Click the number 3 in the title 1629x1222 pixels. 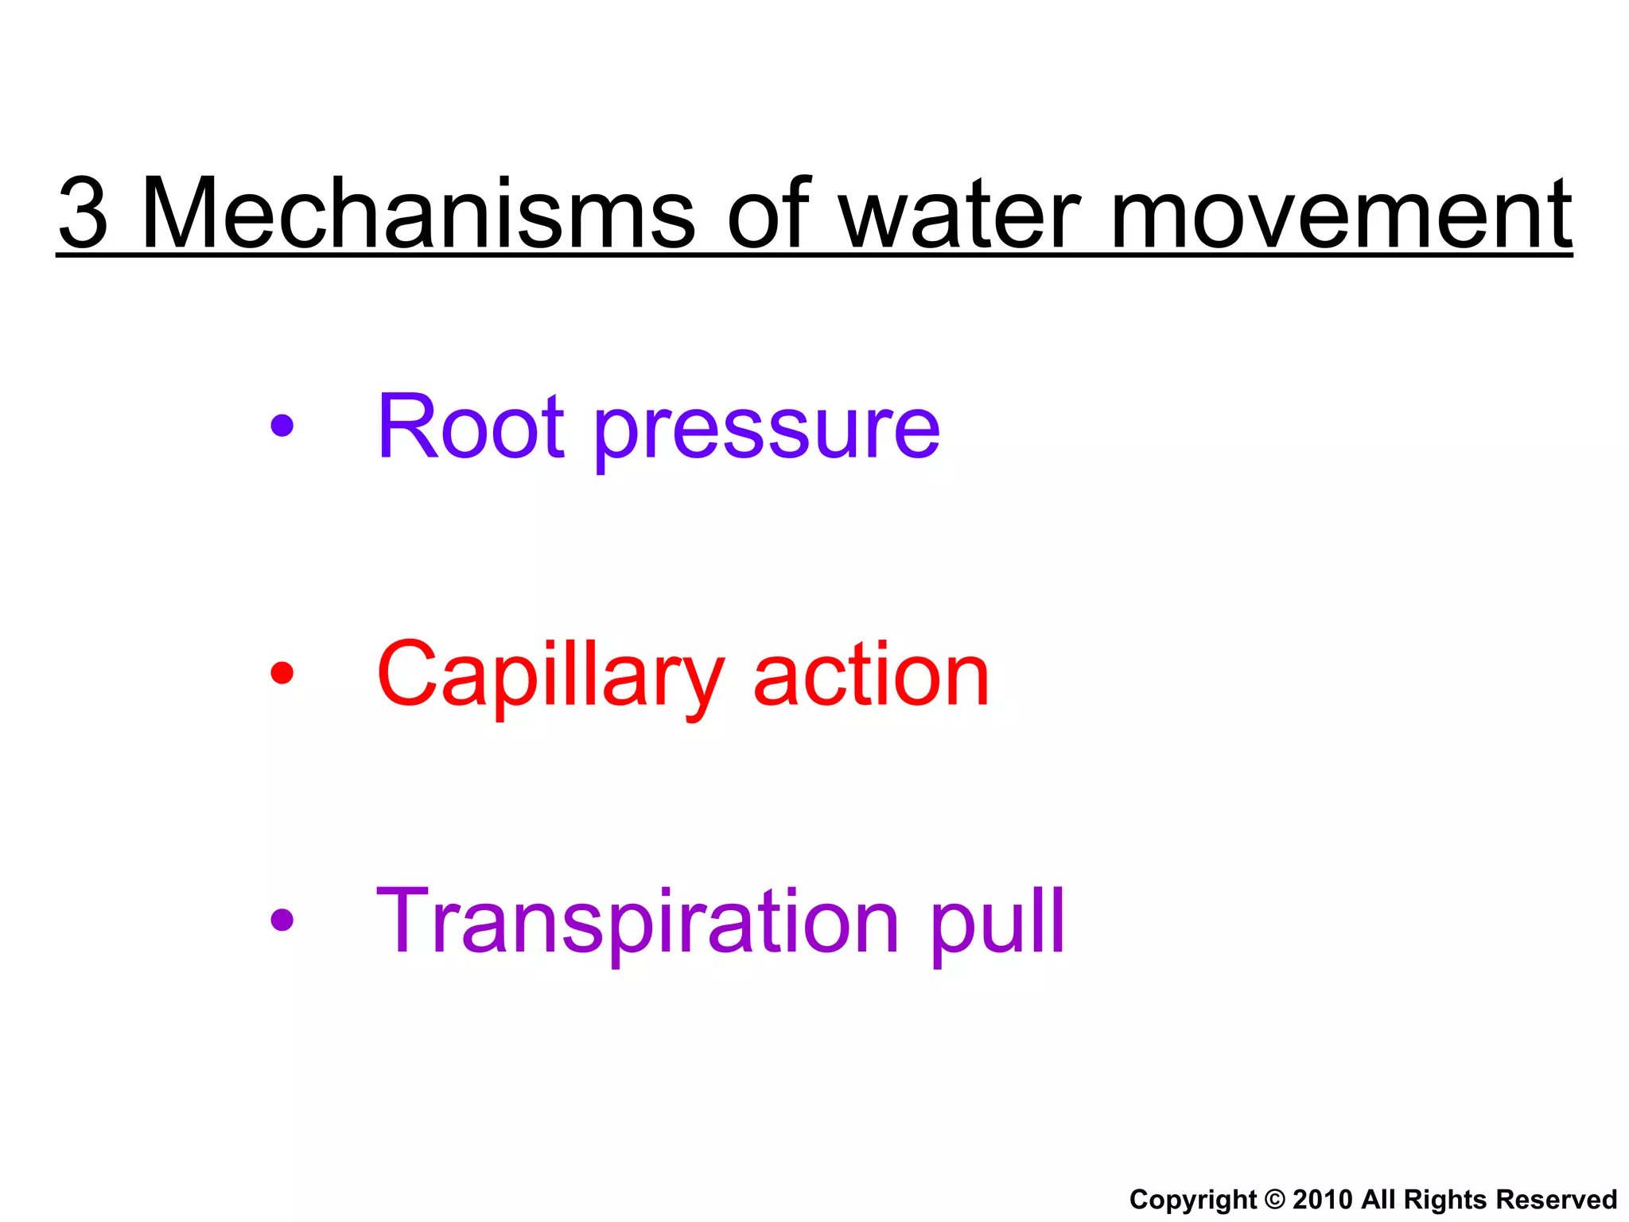click(x=84, y=213)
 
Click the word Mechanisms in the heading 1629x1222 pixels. click(x=418, y=213)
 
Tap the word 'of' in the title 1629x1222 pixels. click(x=768, y=213)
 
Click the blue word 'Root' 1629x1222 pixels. click(x=470, y=426)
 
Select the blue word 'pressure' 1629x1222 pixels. click(x=767, y=434)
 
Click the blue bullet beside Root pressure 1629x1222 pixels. click(x=282, y=426)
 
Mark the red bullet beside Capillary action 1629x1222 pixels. click(x=282, y=673)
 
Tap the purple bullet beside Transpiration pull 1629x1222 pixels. click(x=282, y=920)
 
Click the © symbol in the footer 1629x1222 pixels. click(x=1274, y=1199)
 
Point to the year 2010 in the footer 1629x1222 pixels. click(x=1322, y=1199)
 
